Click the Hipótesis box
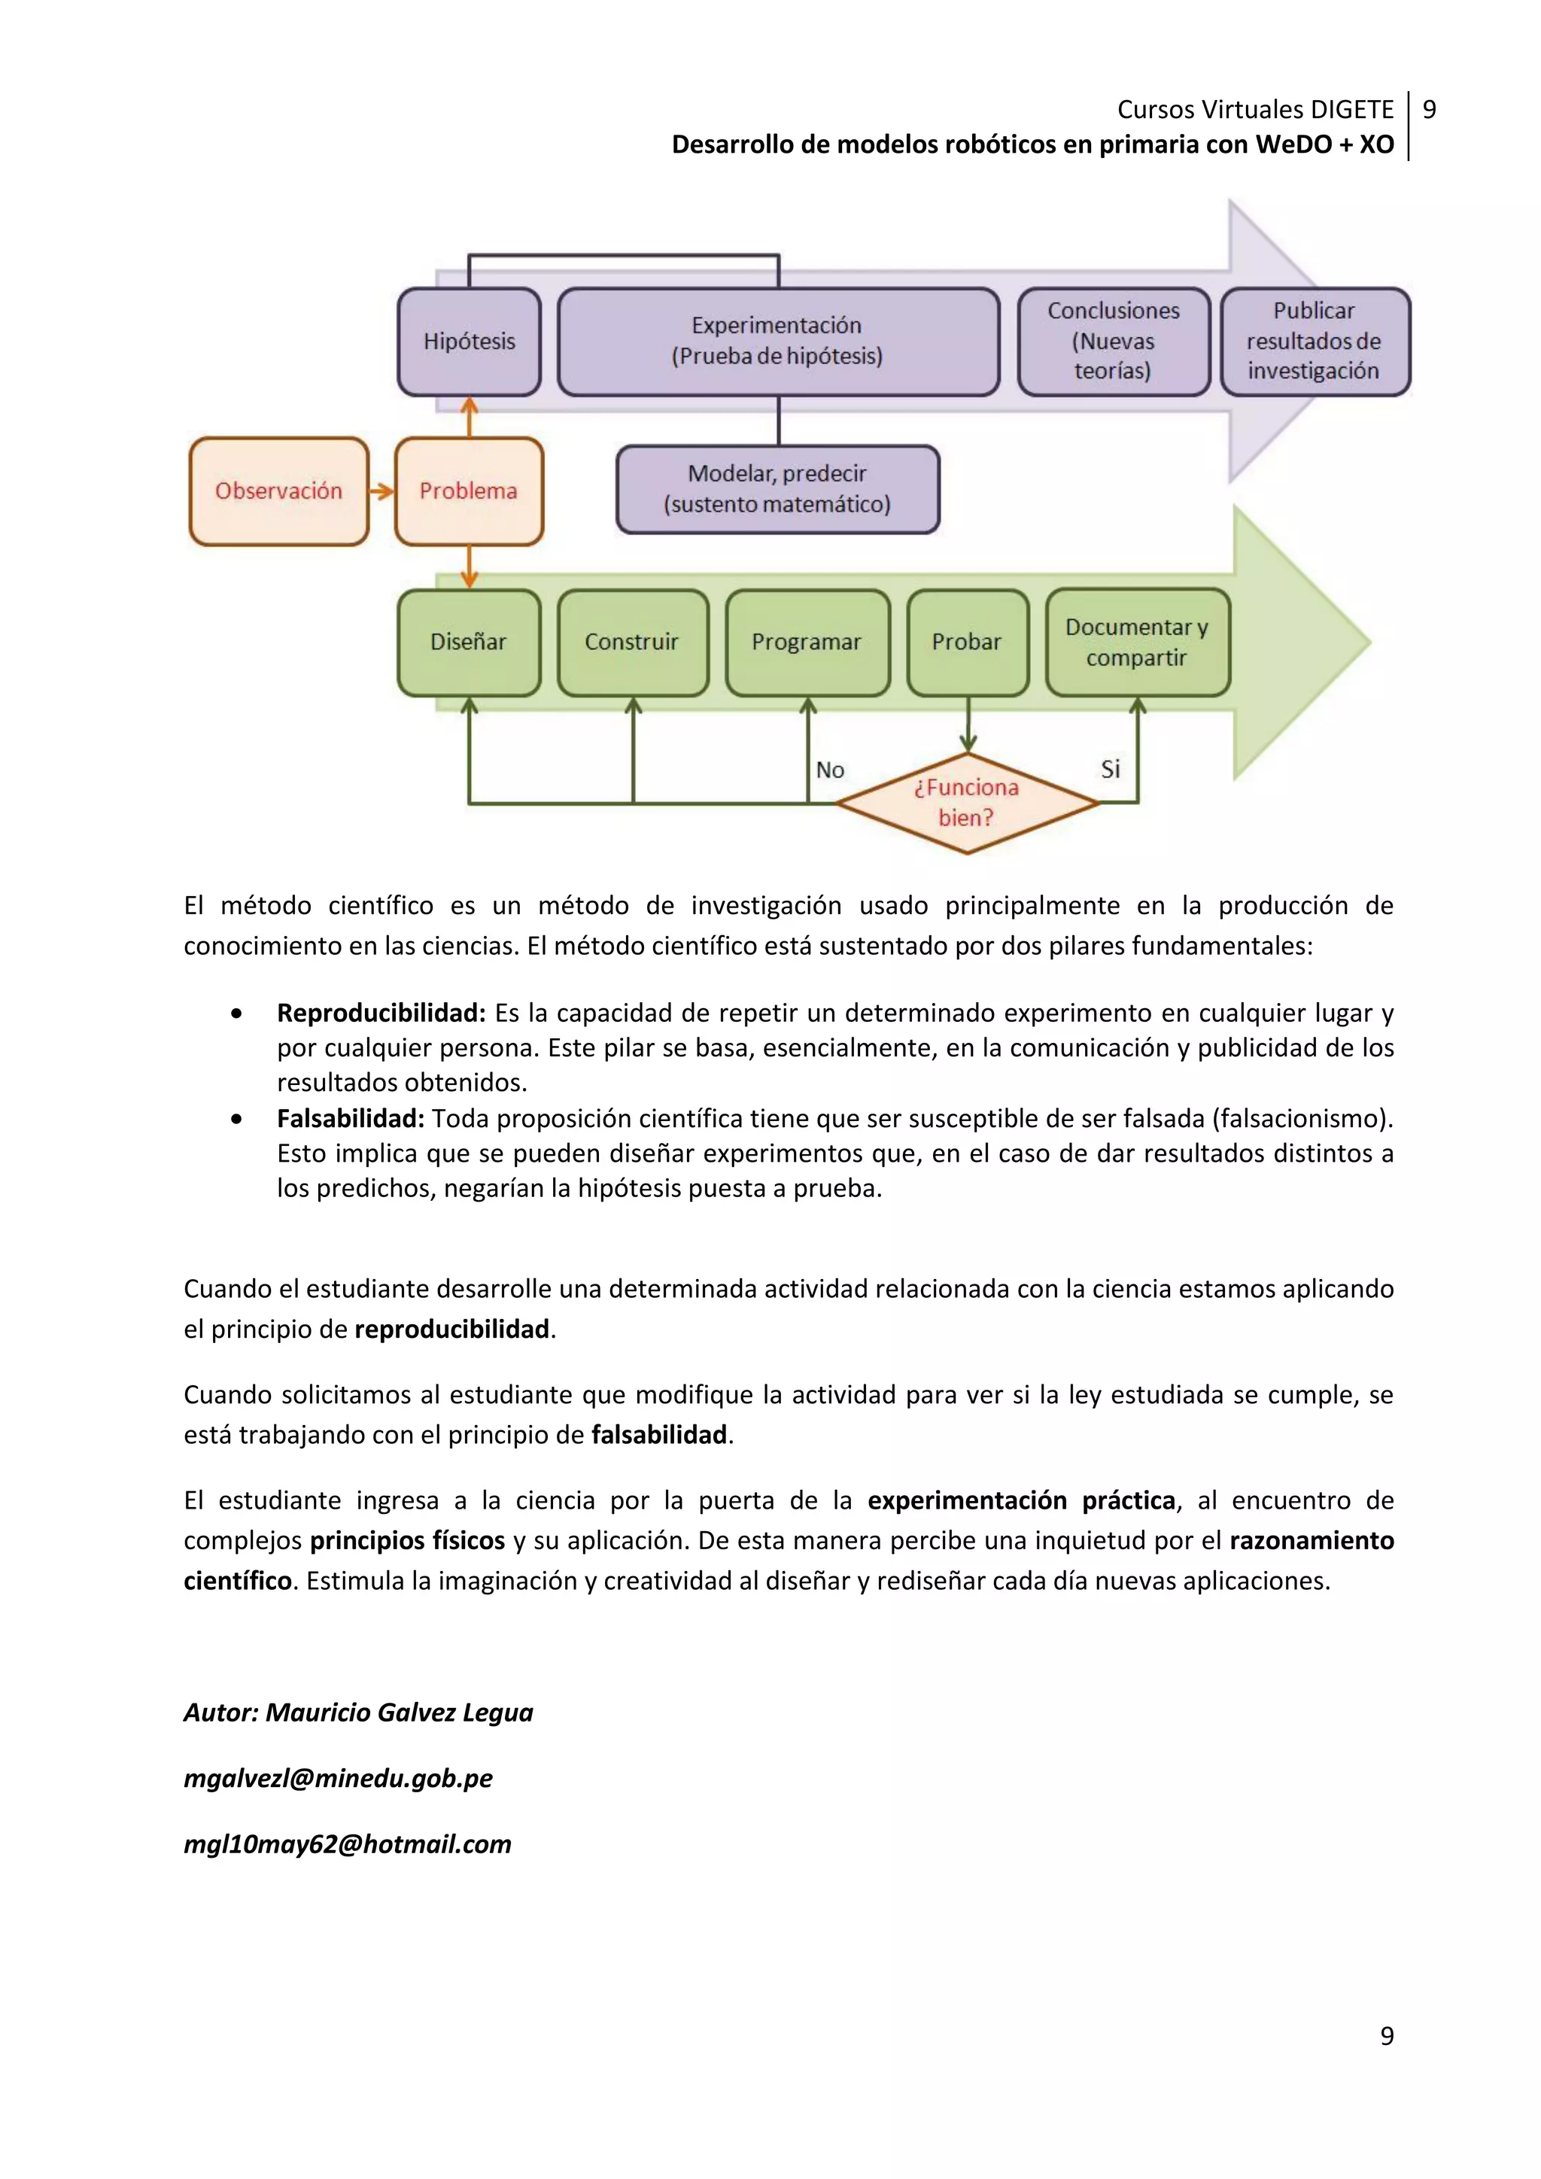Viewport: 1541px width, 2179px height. pos(469,342)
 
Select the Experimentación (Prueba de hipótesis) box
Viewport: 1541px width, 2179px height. pos(777,342)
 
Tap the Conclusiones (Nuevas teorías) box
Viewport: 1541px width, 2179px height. pos(1113,342)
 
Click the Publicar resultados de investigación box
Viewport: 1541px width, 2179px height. pos(1315,342)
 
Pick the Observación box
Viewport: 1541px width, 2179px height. pos(278,491)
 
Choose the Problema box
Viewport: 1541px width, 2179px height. pos(469,491)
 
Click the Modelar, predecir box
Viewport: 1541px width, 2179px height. pos(777,490)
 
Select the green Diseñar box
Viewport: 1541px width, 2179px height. pos(469,643)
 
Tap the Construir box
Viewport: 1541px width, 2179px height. pos(632,643)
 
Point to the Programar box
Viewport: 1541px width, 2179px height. pos(807,643)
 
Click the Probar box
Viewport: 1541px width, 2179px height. pos(967,643)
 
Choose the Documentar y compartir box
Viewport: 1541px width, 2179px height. pos(1137,643)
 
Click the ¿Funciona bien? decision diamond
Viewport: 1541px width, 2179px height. pos(967,803)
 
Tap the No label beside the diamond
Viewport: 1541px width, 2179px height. pos(830,770)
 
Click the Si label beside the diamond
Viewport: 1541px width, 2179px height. pos(1110,769)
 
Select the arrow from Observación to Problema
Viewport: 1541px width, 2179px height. pos(381,491)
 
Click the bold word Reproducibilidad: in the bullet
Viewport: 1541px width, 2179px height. pos(381,1014)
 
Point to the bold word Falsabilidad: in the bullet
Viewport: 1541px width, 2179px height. pos(350,1119)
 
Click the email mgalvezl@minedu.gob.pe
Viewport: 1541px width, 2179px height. pos(338,1779)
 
